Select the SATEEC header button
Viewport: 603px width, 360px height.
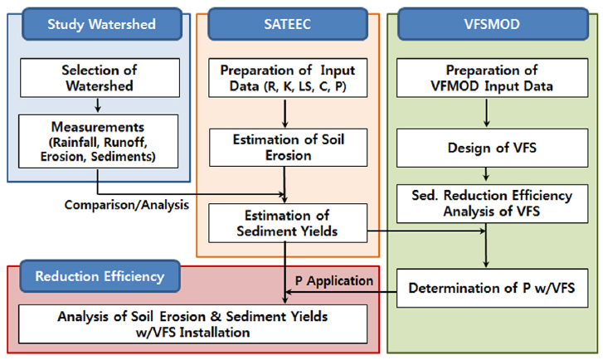[287, 24]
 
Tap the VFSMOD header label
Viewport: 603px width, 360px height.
[487, 24]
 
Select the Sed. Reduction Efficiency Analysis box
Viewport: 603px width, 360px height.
[486, 204]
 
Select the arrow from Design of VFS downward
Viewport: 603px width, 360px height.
[486, 175]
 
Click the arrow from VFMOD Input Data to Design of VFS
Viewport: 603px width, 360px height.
[486, 114]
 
